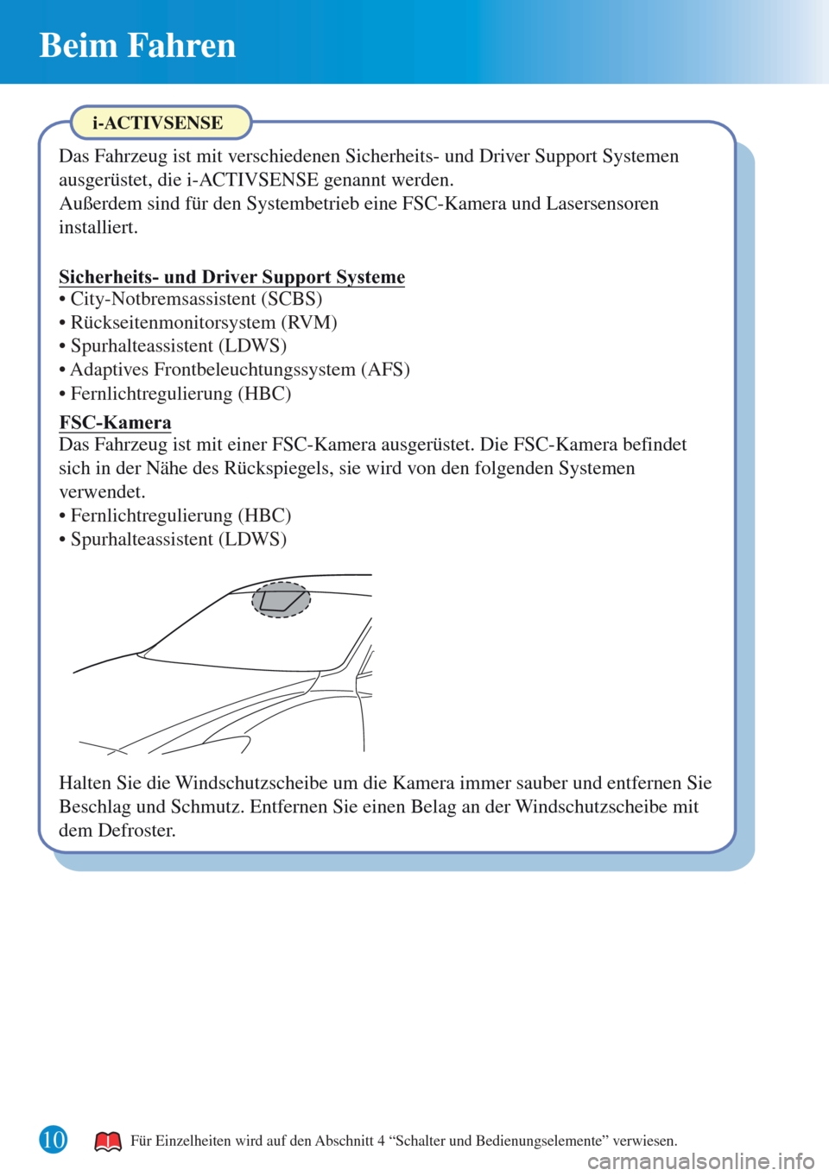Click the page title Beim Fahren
tap(137, 46)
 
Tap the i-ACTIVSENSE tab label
tap(158, 123)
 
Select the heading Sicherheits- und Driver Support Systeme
tap(231, 276)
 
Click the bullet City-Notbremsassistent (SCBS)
tap(191, 299)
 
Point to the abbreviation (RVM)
tap(309, 322)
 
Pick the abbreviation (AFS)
tap(385, 370)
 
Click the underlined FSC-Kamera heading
tap(115, 422)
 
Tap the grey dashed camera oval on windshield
tap(282, 599)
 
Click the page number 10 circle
tap(53, 1140)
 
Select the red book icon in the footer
tap(108, 1141)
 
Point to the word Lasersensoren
tap(602, 204)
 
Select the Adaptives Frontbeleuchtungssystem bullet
tap(234, 370)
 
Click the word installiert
tap(98, 228)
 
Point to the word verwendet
tap(103, 492)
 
